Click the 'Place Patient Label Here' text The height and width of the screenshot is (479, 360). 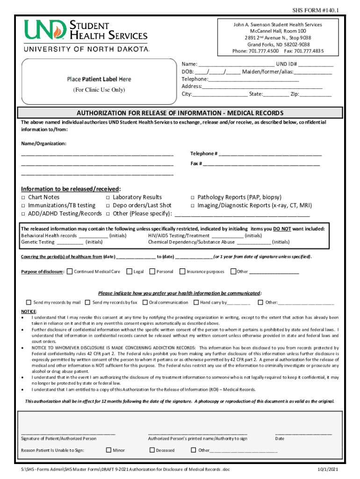(99, 80)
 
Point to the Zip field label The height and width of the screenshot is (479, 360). (295, 94)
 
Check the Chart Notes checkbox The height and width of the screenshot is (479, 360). (23, 198)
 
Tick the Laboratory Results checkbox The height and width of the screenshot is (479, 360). (108, 198)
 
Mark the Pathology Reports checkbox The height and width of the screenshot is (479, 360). (192, 198)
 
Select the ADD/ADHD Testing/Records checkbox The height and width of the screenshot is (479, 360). (23, 214)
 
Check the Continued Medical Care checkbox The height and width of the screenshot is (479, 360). (70, 271)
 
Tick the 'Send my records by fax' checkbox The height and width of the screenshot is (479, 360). (88, 302)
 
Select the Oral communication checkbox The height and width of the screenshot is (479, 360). (145, 302)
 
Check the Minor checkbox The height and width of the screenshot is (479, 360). (108, 450)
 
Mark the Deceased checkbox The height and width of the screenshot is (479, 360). (152, 450)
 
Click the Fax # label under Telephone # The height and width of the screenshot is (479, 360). (196, 164)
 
